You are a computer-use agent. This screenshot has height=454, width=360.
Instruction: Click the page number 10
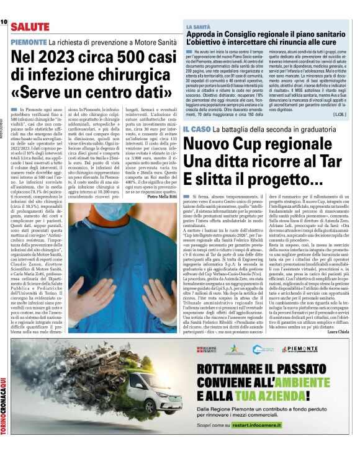pos(4,22)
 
